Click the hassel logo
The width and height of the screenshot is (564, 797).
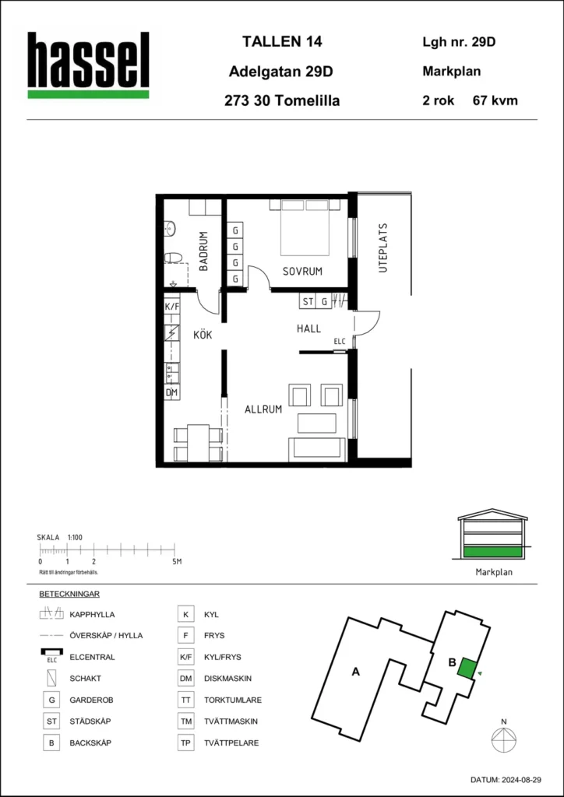(x=88, y=65)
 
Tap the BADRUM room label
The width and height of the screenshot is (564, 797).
(x=203, y=251)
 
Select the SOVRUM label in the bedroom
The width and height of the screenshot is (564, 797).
(x=302, y=272)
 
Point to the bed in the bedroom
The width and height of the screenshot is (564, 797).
(x=305, y=227)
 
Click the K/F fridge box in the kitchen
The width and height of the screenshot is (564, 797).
(x=172, y=307)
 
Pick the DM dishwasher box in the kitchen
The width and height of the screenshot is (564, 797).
(x=172, y=392)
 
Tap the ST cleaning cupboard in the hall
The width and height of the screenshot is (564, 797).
(x=308, y=302)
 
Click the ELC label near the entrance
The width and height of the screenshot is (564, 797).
(x=339, y=342)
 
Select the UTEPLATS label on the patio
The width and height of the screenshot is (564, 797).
(x=383, y=248)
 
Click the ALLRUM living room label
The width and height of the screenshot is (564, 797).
(x=263, y=409)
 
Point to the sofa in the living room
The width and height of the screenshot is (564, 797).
(x=317, y=449)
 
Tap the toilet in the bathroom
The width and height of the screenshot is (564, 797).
(x=174, y=258)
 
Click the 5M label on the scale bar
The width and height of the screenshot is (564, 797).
(x=176, y=562)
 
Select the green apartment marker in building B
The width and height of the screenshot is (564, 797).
(x=467, y=667)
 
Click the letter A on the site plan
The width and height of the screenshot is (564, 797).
(x=356, y=672)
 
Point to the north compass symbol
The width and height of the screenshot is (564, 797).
(x=503, y=736)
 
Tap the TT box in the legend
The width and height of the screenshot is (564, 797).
(x=185, y=700)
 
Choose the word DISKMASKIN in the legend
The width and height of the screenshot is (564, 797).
(x=227, y=679)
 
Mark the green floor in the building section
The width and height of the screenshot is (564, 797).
(x=493, y=552)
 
